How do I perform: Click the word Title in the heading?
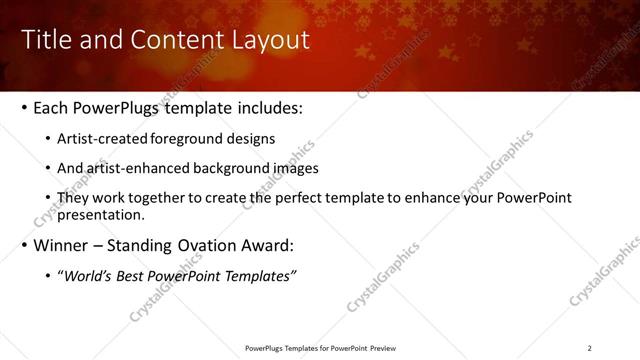pyautogui.click(x=44, y=39)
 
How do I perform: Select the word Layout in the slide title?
pyautogui.click(x=268, y=39)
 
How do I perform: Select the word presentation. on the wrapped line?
pyautogui.click(x=102, y=214)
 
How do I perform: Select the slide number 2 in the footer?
pyautogui.click(x=589, y=348)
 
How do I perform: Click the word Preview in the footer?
pyautogui.click(x=381, y=348)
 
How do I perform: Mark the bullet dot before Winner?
pyautogui.click(x=24, y=245)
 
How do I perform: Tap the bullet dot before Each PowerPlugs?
pyautogui.click(x=24, y=107)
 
